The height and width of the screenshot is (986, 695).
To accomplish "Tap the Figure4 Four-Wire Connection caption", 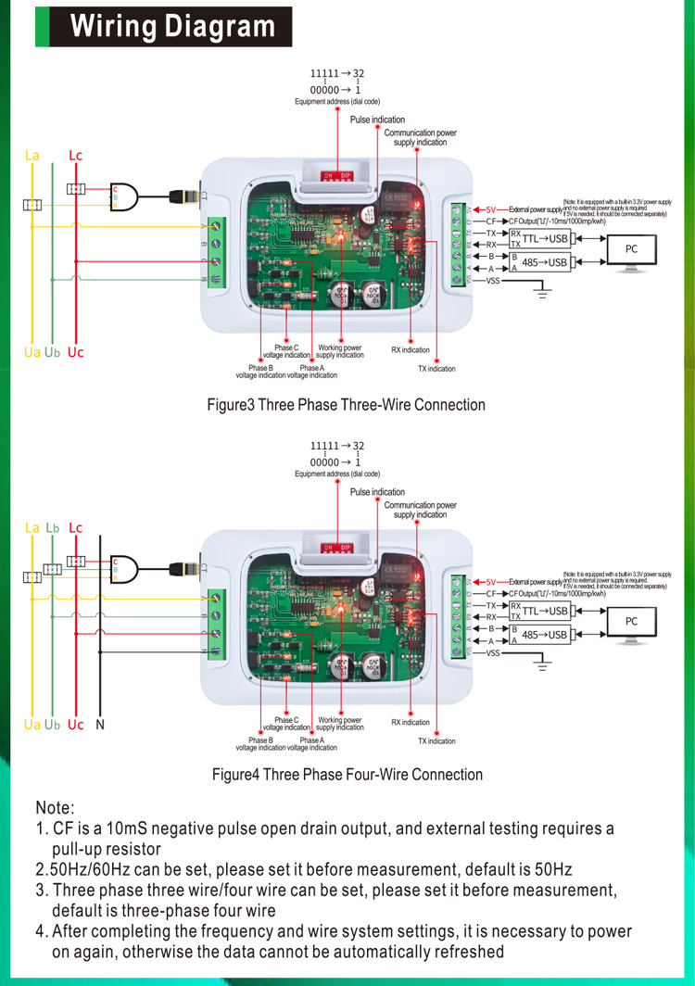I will (347, 774).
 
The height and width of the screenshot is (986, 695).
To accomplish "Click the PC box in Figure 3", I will (631, 249).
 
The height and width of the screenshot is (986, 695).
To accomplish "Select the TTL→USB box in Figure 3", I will (544, 238).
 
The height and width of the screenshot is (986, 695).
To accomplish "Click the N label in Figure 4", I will (99, 724).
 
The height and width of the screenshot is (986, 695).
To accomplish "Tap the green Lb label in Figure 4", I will (53, 527).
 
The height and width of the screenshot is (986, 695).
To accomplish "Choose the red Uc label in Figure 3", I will (75, 353).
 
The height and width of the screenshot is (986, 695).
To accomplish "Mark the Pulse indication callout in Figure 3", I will (377, 120).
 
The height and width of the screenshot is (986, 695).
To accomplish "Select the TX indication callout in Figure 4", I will (436, 741).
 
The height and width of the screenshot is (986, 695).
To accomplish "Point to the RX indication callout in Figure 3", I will (411, 350).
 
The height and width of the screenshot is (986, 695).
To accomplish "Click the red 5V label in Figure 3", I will (492, 209).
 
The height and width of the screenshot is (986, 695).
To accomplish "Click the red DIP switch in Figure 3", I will (336, 175).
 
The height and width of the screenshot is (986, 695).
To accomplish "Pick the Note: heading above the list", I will (55, 808).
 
